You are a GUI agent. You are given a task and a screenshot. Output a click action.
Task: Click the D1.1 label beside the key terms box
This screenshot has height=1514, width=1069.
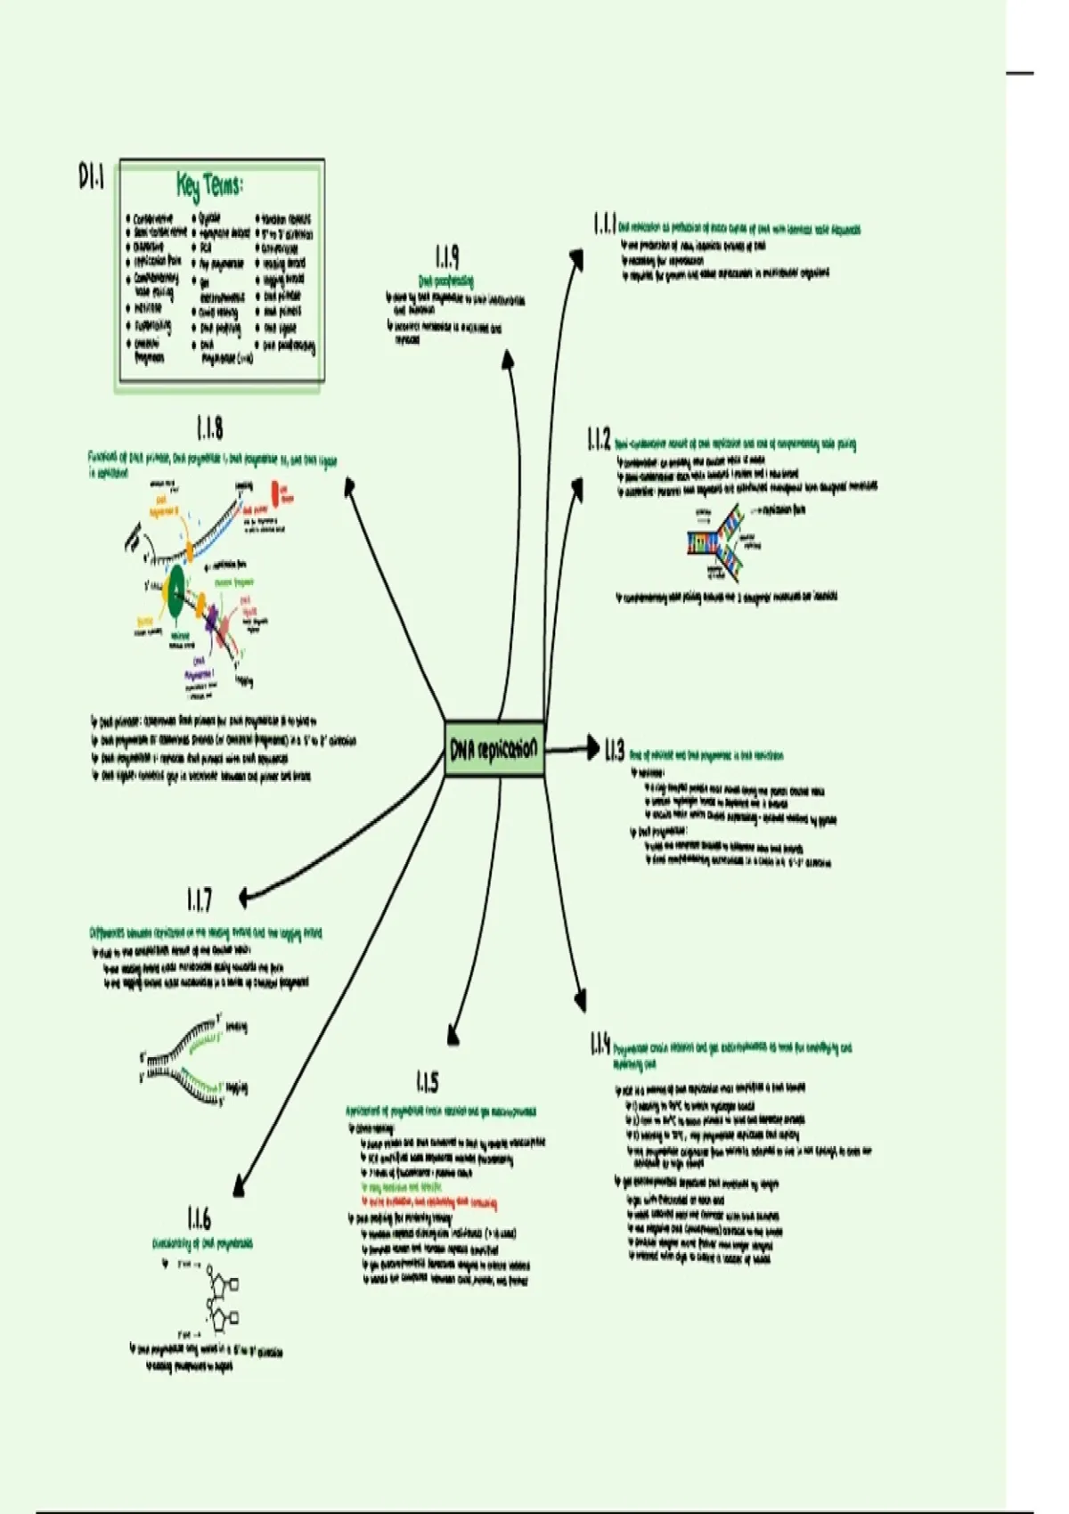click(91, 177)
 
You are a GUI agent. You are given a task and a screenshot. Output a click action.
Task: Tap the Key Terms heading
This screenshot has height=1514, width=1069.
click(210, 186)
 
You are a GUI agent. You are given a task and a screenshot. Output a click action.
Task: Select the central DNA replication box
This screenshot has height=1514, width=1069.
click(494, 749)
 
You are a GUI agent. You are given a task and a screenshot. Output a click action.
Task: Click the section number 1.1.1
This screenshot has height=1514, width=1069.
click(604, 224)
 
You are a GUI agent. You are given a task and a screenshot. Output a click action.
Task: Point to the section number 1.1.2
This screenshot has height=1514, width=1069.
click(599, 439)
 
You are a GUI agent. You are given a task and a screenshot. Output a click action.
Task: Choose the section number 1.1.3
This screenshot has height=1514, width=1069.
click(615, 751)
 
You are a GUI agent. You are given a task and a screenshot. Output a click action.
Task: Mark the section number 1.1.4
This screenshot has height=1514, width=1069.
click(600, 1044)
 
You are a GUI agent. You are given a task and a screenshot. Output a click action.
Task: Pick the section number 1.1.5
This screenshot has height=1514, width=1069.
click(427, 1082)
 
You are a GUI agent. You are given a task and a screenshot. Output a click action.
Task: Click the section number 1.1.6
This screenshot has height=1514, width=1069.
click(199, 1218)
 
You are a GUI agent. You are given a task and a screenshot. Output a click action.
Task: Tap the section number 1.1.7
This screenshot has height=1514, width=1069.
click(200, 900)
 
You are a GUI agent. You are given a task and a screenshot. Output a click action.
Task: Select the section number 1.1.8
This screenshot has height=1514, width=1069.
click(209, 429)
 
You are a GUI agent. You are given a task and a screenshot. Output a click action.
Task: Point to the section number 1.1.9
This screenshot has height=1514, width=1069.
click(447, 257)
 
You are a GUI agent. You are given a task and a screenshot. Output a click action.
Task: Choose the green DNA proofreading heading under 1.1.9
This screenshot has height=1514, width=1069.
click(446, 281)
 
